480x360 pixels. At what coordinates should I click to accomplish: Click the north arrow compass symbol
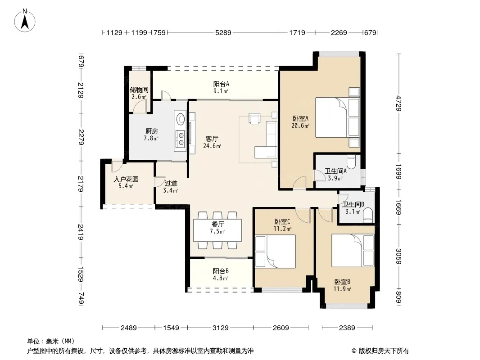[x=25, y=21]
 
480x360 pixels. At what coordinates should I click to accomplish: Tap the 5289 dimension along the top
[x=223, y=32]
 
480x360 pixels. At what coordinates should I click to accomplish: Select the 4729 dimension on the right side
[x=398, y=103]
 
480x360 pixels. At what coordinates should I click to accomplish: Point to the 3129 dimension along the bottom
[x=220, y=328]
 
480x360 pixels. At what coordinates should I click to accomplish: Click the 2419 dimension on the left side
[x=81, y=232]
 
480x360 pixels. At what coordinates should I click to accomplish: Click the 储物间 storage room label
[x=139, y=90]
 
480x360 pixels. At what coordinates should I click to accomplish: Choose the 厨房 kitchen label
[x=152, y=131]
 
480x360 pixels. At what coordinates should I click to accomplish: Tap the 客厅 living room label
[x=212, y=139]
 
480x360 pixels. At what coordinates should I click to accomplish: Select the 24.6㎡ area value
[x=212, y=146]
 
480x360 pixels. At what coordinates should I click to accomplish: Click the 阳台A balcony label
[x=221, y=84]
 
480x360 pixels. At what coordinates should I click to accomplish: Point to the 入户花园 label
[x=126, y=179]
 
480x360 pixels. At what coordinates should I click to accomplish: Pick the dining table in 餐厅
[x=217, y=230]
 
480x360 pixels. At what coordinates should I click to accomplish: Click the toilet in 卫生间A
[x=351, y=162]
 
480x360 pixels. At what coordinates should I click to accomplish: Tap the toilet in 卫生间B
[x=367, y=216]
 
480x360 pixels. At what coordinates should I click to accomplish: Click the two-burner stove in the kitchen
[x=181, y=138]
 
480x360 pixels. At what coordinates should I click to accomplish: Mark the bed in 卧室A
[x=337, y=117]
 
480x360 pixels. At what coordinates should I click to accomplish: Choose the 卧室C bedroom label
[x=282, y=221]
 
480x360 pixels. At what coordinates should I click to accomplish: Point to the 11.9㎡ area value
[x=342, y=289]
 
